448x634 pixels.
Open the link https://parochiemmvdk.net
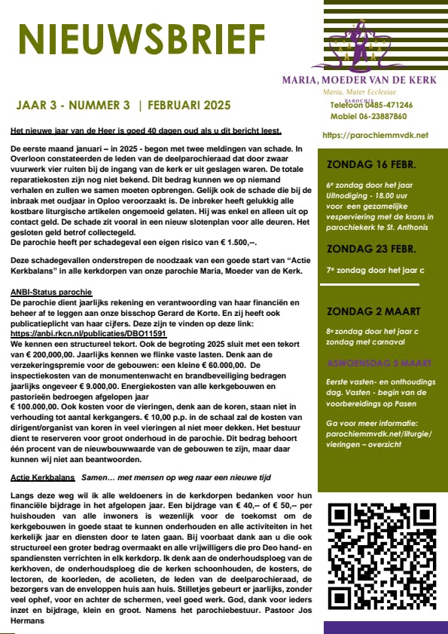375,135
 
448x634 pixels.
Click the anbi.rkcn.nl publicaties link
88,332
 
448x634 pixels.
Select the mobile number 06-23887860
387,117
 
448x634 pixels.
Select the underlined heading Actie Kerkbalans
41,478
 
